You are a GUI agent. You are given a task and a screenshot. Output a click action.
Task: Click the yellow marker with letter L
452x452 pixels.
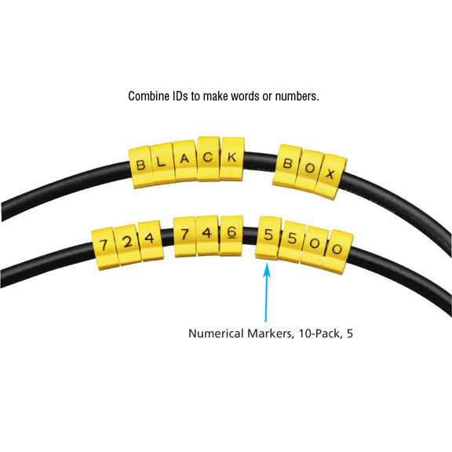point(162,164)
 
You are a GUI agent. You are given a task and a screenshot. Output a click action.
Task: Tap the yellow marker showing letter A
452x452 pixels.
point(185,160)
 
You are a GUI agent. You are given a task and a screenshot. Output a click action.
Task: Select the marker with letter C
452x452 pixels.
point(209,159)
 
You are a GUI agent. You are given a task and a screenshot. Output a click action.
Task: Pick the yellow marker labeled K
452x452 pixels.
point(232,159)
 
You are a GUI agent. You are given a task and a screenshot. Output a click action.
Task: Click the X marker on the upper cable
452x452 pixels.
point(330,176)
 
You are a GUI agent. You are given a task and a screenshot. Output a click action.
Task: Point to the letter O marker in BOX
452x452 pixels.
point(309,169)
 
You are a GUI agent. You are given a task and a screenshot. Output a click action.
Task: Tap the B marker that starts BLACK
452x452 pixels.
point(140,167)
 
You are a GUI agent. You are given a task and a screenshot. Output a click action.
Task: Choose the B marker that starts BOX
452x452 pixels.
point(288,165)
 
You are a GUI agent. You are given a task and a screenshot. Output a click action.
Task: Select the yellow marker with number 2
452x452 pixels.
point(127,244)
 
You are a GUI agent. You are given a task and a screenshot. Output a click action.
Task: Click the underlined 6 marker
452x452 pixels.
point(231,235)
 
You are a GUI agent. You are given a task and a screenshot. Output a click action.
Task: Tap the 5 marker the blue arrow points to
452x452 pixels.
point(268,238)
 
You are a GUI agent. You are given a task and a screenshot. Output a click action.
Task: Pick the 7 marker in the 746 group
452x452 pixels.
point(184,236)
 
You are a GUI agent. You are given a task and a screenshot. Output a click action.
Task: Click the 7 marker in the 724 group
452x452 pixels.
point(104,248)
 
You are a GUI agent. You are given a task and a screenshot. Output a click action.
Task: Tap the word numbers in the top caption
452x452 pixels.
point(297,97)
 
